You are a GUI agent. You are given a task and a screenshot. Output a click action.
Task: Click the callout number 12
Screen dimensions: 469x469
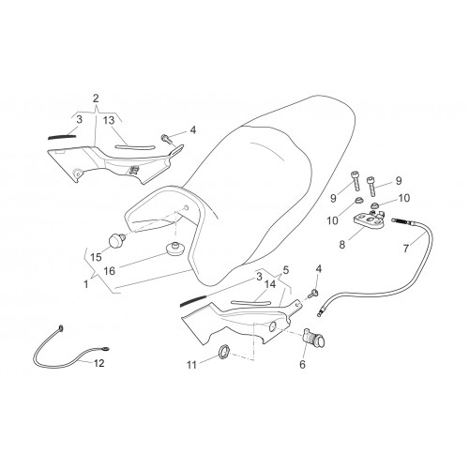point(98,363)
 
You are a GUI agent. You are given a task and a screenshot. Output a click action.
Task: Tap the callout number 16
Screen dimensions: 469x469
point(110,271)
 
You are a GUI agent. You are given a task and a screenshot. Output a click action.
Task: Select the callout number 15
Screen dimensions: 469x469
point(97,257)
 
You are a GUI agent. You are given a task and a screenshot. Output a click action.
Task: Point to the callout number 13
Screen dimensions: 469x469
point(109,120)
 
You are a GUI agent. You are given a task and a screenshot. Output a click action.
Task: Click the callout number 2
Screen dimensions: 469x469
point(96,98)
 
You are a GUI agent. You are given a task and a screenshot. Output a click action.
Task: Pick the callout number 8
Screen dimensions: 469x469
point(342,245)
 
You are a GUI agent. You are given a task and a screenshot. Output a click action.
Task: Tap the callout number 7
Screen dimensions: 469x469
point(406,249)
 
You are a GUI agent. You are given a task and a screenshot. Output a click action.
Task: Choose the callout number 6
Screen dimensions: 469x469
point(302,364)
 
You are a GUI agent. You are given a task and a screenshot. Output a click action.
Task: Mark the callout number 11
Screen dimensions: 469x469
point(191,365)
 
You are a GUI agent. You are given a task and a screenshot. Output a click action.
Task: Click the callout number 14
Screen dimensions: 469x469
point(270,284)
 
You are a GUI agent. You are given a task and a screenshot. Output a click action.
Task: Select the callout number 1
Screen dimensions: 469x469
point(86,284)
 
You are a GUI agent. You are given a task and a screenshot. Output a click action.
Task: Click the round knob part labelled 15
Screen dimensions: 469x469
point(116,241)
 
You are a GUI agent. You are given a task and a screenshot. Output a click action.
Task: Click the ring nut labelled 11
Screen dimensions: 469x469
point(223,352)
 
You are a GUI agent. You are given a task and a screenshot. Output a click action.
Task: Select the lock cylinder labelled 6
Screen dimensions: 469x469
point(314,338)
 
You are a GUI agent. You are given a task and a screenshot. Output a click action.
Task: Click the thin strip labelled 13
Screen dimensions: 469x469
point(135,147)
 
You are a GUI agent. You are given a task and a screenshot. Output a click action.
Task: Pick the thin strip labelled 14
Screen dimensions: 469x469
point(251,302)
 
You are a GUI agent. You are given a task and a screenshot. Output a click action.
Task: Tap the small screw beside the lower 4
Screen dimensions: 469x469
point(313,294)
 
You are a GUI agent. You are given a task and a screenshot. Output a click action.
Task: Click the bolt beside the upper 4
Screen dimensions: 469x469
point(167,139)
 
